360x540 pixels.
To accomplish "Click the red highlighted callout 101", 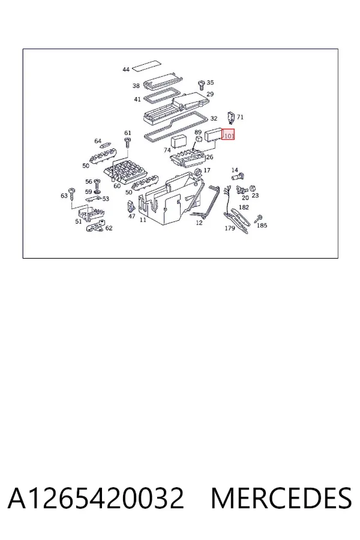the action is pyautogui.click(x=228, y=134).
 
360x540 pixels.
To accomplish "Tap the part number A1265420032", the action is pyautogui.click(x=96, y=498).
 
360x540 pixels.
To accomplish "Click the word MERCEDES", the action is pyautogui.click(x=281, y=498).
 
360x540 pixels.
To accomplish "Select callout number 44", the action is pyautogui.click(x=126, y=70).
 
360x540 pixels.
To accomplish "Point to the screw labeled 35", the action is pyautogui.click(x=202, y=85).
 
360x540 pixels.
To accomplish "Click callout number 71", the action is pyautogui.click(x=240, y=117).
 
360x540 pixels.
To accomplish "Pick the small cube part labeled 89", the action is pyautogui.click(x=199, y=139).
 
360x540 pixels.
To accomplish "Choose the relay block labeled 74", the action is pyautogui.click(x=179, y=142).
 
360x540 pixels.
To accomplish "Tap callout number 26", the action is pyautogui.click(x=209, y=157).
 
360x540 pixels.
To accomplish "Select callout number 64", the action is pyautogui.click(x=98, y=141).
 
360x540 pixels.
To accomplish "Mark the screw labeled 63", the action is pyautogui.click(x=72, y=194).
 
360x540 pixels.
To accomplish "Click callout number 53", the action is pyautogui.click(x=106, y=199).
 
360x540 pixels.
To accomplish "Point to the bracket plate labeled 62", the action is pyautogui.click(x=95, y=226).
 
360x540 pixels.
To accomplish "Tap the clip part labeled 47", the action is pyautogui.click(x=131, y=206).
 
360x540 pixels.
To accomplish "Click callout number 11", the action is pyautogui.click(x=143, y=220).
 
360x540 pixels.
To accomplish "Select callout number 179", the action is pyautogui.click(x=230, y=228).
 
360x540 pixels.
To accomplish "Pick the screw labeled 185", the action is pyautogui.click(x=259, y=218).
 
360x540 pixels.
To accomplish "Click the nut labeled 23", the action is pyautogui.click(x=252, y=188).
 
